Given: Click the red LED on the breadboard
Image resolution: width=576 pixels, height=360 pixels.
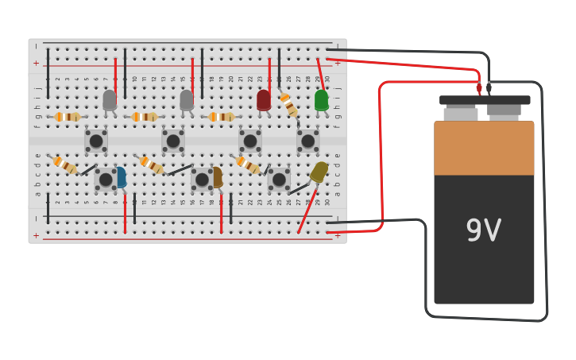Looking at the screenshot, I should click(x=264, y=99).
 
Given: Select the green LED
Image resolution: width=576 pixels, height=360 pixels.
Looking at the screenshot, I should click(x=321, y=100).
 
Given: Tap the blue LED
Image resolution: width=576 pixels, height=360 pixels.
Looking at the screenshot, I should click(x=121, y=177).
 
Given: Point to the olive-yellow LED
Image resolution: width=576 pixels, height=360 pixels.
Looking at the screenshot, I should click(x=319, y=172).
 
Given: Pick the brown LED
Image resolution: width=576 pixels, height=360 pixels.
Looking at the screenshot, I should click(x=217, y=177).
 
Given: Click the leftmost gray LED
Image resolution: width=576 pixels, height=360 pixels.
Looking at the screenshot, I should click(x=110, y=99).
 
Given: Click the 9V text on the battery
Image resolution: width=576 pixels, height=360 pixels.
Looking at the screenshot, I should click(x=483, y=231).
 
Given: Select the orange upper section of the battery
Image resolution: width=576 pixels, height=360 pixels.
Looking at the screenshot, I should click(x=484, y=148).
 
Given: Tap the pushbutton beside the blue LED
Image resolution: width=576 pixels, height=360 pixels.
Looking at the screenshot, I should click(x=105, y=180).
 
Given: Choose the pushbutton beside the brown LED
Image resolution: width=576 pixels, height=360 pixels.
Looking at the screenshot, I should click(x=202, y=180).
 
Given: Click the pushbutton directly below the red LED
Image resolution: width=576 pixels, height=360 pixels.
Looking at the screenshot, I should click(x=250, y=141).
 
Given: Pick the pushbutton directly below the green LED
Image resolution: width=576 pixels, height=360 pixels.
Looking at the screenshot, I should click(x=307, y=141).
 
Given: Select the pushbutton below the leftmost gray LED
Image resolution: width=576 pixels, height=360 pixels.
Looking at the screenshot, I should click(x=96, y=141).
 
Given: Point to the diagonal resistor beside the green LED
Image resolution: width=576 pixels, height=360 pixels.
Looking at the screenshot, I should click(x=289, y=105).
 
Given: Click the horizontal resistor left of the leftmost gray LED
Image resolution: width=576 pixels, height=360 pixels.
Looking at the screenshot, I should click(x=68, y=117).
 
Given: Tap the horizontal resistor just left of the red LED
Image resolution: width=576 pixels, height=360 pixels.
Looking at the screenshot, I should click(x=222, y=117).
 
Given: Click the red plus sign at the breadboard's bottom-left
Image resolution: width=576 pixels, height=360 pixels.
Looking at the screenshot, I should click(x=36, y=235).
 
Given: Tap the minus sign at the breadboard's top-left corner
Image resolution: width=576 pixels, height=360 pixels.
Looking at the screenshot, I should click(x=36, y=47).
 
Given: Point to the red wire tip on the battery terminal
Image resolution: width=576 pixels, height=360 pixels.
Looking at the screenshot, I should click(x=479, y=87).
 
